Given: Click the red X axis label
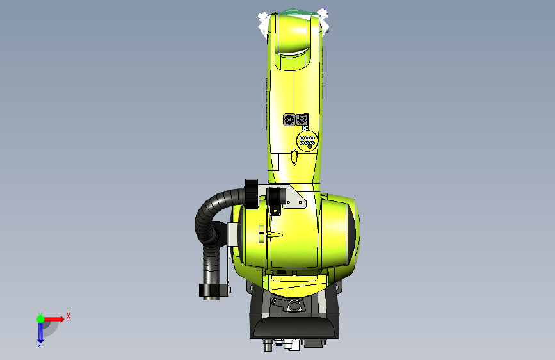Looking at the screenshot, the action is click(x=68, y=316).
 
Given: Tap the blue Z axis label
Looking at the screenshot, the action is click(x=40, y=344).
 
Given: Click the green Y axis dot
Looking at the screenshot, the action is click(x=41, y=319).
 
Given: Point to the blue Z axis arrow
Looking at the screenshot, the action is click(x=40, y=331).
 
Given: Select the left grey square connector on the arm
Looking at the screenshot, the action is click(x=289, y=119).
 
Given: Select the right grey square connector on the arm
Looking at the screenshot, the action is click(x=302, y=119).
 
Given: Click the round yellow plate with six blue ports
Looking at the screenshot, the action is click(x=307, y=141).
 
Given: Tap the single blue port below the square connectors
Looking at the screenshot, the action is click(x=305, y=128).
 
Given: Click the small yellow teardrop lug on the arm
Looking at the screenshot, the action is click(x=294, y=157).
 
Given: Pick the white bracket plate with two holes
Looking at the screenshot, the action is click(x=296, y=199).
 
